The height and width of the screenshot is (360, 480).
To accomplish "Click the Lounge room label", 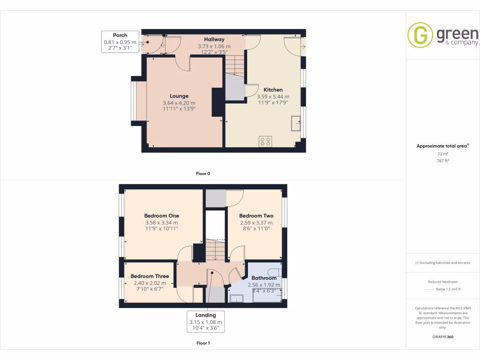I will point(179,96).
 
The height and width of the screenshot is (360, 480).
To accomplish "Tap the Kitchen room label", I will point(273,90).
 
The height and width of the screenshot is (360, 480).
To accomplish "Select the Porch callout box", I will point(120,42).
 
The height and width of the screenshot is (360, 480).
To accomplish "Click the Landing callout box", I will point(206,322).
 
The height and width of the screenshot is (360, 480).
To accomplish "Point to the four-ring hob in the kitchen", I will point(265,141).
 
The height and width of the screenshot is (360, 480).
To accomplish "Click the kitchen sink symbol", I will point(296,123).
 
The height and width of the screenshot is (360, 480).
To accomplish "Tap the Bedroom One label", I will point(161,216).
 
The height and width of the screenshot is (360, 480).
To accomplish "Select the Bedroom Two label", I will point(256,216).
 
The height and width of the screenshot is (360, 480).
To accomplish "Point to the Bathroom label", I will point(264,278).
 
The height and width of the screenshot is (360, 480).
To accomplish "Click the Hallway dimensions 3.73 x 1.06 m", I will point(214,46).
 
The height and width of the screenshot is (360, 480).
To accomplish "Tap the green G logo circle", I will point(420,35).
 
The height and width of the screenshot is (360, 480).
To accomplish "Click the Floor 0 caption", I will point(203,173).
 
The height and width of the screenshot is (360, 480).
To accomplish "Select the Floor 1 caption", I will point(203,343).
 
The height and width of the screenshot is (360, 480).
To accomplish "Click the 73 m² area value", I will point(442,154).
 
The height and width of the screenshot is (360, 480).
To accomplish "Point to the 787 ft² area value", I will point(442,161).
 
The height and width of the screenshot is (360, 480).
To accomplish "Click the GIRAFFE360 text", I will point(442,337).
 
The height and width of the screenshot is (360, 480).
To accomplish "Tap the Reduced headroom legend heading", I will point(442,281).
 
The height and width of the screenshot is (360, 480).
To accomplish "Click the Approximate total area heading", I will point(442,146).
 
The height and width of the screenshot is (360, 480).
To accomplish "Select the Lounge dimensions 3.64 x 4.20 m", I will point(179,103).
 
